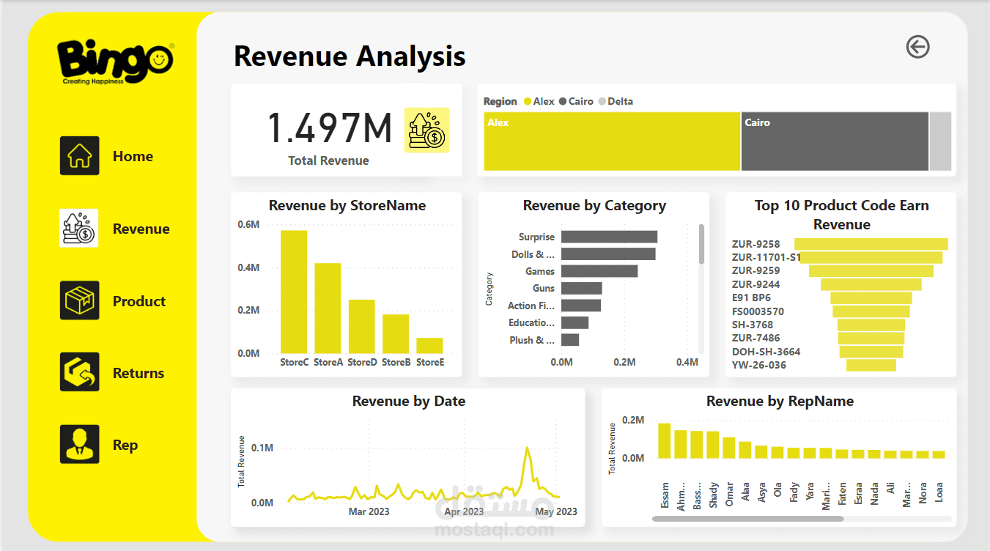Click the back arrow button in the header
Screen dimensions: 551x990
tap(917, 47)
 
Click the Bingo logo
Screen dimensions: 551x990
tap(116, 62)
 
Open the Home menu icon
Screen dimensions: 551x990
tap(79, 156)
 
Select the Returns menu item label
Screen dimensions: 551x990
tap(138, 374)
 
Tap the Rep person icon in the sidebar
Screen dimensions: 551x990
tap(79, 445)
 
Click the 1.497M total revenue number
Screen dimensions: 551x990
tap(329, 128)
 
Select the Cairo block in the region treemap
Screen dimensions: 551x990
tap(834, 142)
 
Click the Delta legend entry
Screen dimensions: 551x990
tap(620, 102)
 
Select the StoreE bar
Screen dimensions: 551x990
tap(429, 346)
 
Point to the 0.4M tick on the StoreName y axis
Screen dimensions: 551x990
tap(248, 268)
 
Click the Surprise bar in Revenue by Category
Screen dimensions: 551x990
tap(609, 237)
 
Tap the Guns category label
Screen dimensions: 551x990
tap(544, 289)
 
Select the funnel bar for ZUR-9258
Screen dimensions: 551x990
tap(871, 244)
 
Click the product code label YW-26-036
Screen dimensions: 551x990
tap(758, 365)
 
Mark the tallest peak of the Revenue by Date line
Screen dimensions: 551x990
tap(526, 448)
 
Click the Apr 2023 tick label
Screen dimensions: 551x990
tap(464, 511)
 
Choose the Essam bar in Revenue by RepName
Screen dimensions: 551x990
tap(665, 440)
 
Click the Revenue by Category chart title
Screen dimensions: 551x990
tap(594, 206)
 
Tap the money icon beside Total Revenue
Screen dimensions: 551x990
tap(427, 130)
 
